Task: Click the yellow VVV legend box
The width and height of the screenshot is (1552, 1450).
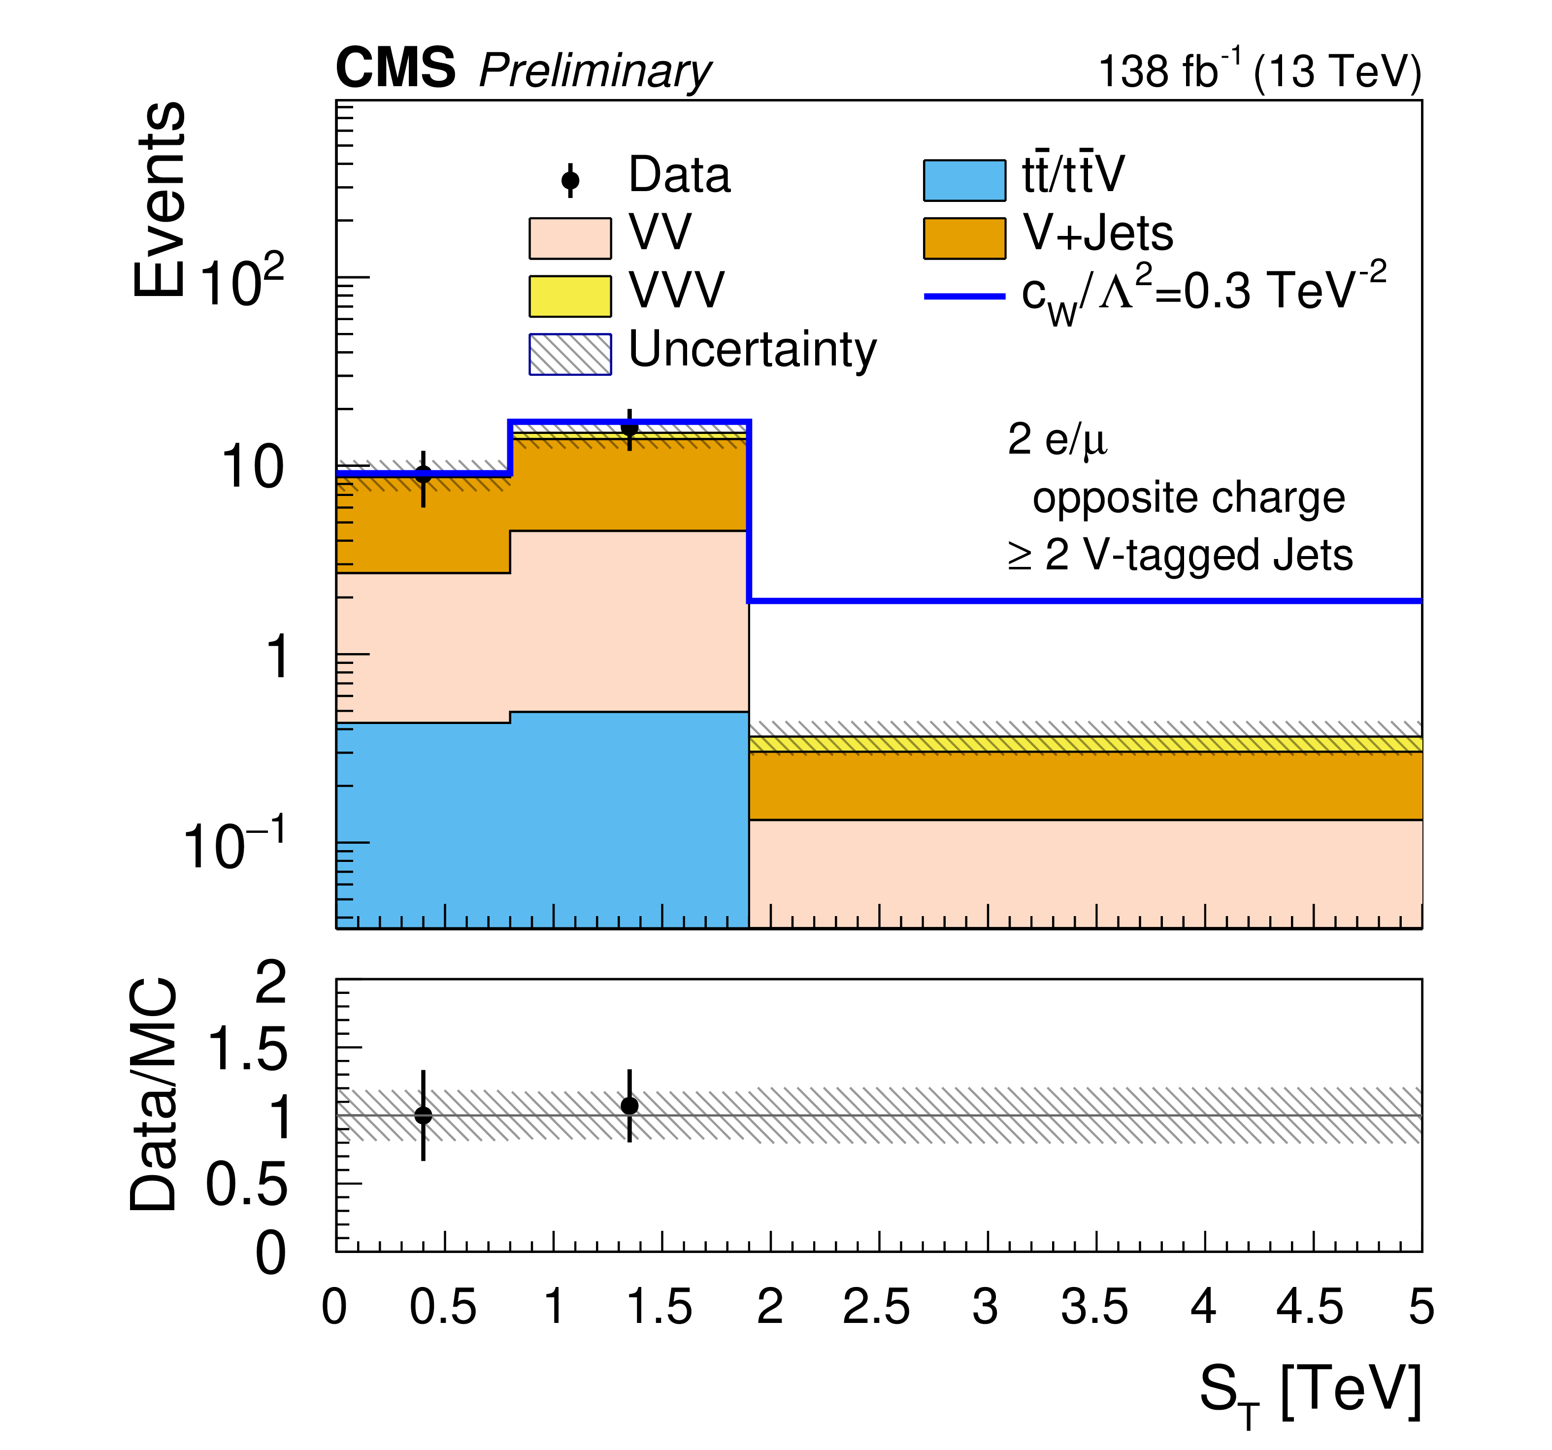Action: (x=570, y=296)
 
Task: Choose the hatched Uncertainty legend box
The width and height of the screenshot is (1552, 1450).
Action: (x=570, y=354)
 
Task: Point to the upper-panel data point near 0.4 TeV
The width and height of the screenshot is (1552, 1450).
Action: (x=423, y=474)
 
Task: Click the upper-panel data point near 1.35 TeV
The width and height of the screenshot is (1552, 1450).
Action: (x=629, y=428)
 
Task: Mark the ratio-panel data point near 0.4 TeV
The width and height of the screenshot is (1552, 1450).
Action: (x=423, y=1115)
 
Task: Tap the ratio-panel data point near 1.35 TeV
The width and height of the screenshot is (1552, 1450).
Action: (x=629, y=1106)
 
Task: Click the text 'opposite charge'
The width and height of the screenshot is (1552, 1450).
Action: (x=1188, y=497)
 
